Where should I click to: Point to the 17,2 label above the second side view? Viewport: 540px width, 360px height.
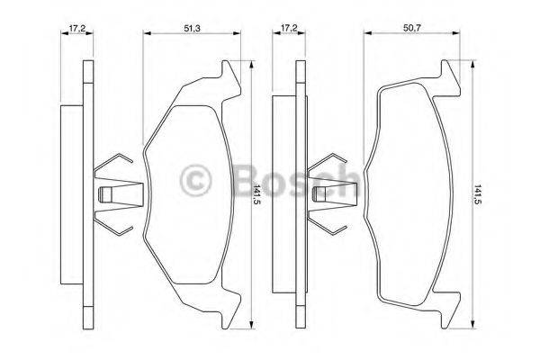click(x=290, y=29)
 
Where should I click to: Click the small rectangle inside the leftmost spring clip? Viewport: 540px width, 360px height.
click(x=105, y=194)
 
